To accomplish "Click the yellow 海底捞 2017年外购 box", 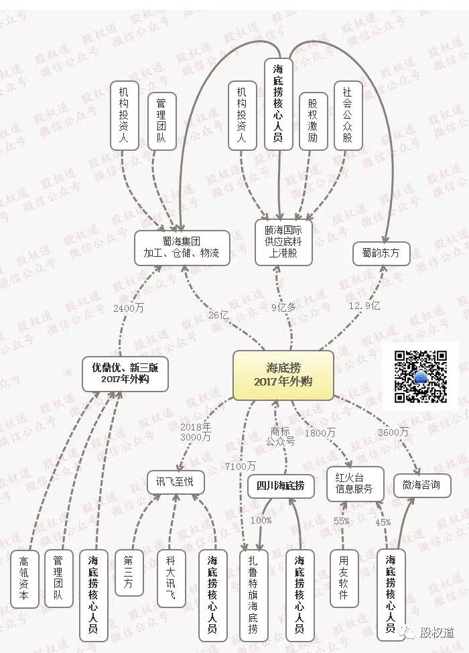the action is pyautogui.click(x=283, y=375).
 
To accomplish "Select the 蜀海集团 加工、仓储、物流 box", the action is pyautogui.click(x=182, y=248).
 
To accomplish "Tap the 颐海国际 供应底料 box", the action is pyautogui.click(x=283, y=242).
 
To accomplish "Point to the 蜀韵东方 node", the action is pyautogui.click(x=381, y=253).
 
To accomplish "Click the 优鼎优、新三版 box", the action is pyautogui.click(x=125, y=373).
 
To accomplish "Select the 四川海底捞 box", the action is pyautogui.click(x=281, y=485).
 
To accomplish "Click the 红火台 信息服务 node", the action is pyautogui.click(x=354, y=483).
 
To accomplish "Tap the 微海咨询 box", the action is pyautogui.click(x=422, y=485).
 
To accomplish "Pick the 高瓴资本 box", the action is pyautogui.click(x=23, y=579).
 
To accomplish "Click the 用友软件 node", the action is pyautogui.click(x=344, y=578).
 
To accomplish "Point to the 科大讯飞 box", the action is pyautogui.click(x=171, y=578).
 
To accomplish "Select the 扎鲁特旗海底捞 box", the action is pyautogui.click(x=254, y=595).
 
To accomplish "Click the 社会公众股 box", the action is pyautogui.click(x=348, y=115).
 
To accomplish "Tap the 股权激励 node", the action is pyautogui.click(x=313, y=121).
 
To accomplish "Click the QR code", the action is pyautogui.click(x=421, y=377).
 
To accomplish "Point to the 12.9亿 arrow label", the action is pyautogui.click(x=364, y=306).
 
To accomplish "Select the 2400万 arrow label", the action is pyautogui.click(x=129, y=308).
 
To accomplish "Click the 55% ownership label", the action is pyautogui.click(x=342, y=520).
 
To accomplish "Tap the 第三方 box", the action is pyautogui.click(x=129, y=572).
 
